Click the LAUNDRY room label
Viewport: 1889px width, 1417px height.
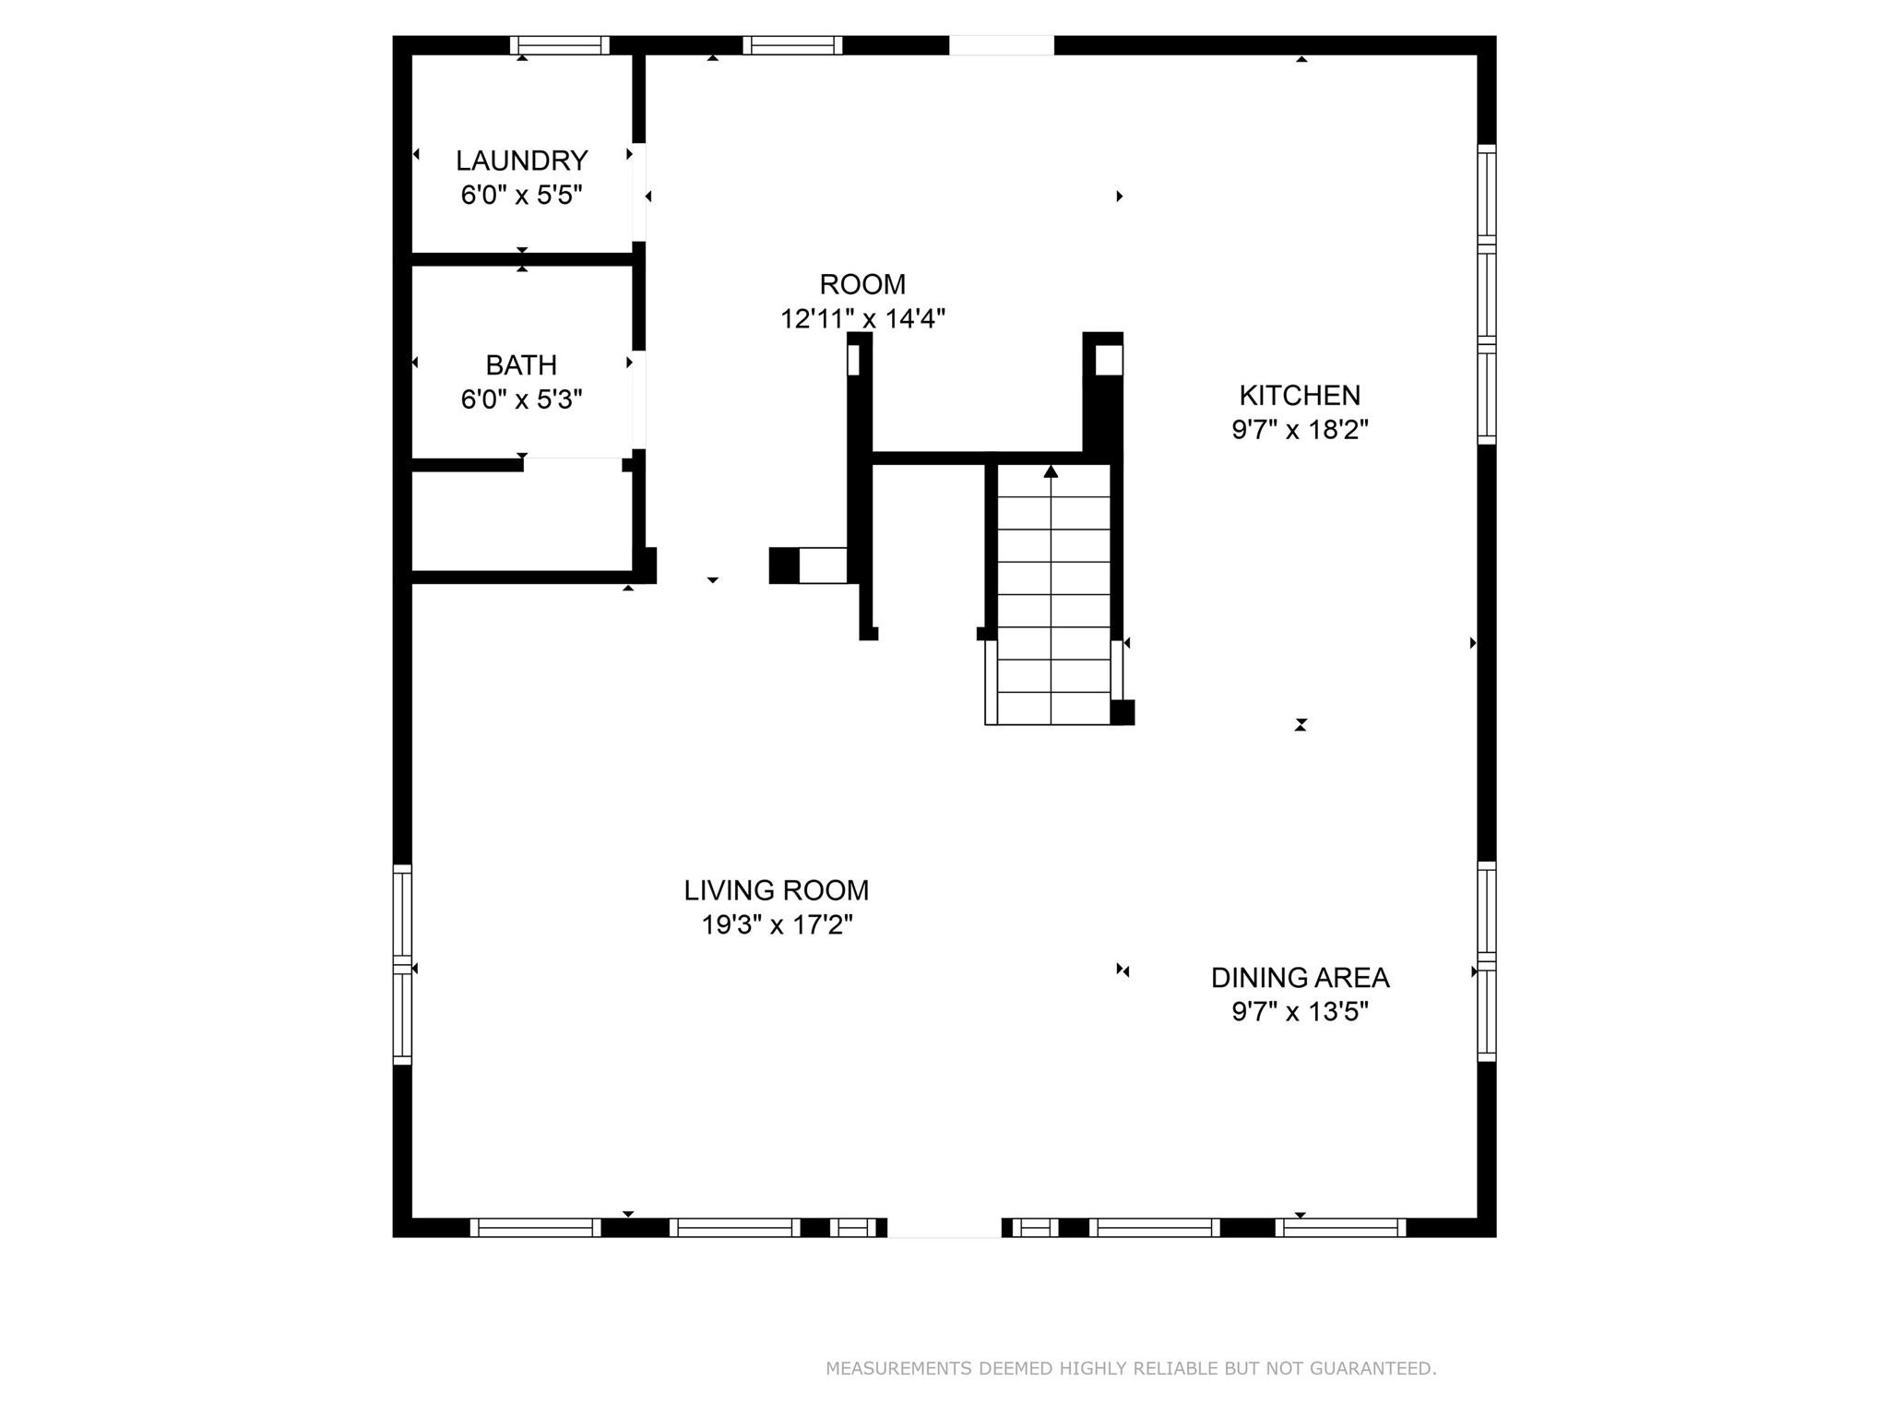coord(521,161)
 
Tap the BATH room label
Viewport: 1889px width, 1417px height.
coord(521,365)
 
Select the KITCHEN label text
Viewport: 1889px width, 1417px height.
coord(1299,396)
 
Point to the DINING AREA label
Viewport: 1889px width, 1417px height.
coord(1299,978)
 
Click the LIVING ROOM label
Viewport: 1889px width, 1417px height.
coord(776,890)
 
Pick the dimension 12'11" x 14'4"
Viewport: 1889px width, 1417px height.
coord(862,319)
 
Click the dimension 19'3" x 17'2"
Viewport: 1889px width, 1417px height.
coord(776,925)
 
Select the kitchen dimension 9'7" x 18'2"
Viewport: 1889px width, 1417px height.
coord(1299,430)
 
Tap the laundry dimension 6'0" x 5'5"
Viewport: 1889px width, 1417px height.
coord(521,196)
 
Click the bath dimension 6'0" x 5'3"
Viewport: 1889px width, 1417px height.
coord(521,400)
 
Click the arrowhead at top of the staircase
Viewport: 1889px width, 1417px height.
coord(1051,471)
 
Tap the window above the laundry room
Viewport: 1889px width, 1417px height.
coord(560,45)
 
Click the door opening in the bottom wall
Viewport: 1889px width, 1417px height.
coord(944,1227)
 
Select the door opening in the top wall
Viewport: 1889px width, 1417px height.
coord(1001,45)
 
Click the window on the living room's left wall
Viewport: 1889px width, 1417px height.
coord(402,963)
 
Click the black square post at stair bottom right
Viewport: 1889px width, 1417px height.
coord(1122,712)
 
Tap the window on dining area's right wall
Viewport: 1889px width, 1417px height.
coord(1486,961)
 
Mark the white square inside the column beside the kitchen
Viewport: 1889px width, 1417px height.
coord(1108,361)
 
